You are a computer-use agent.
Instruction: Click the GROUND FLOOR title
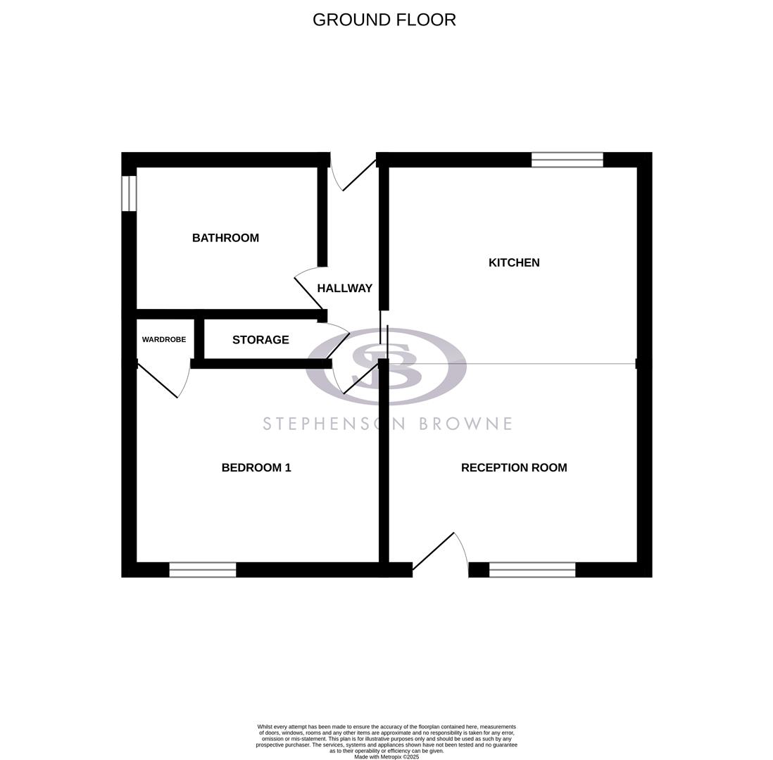[384, 20]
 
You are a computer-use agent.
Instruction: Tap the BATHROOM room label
[225, 238]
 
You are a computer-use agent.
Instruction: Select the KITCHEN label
[514, 262]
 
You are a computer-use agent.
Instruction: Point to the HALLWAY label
[344, 288]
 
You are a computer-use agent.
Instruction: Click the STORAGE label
[260, 340]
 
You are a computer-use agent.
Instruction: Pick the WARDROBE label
[164, 340]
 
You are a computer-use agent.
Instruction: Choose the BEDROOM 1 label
[256, 467]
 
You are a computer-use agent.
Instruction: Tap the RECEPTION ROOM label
[514, 467]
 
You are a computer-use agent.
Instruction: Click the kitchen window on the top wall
[567, 160]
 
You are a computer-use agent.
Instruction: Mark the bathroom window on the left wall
[129, 194]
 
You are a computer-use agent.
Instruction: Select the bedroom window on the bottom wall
[203, 570]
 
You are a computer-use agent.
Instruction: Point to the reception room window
[532, 570]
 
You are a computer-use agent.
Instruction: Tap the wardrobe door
[158, 381]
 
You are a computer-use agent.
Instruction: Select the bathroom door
[308, 293]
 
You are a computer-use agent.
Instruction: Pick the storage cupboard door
[337, 345]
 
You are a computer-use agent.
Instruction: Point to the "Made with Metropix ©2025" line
[386, 756]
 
